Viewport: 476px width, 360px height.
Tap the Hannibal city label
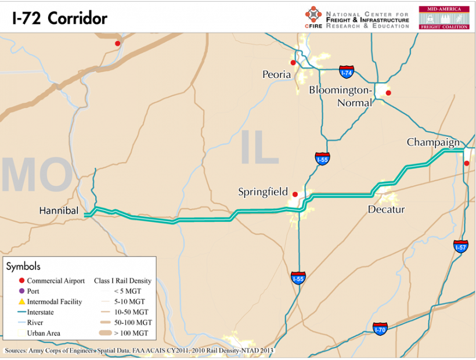[x=59, y=210]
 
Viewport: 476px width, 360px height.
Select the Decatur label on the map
[x=386, y=210]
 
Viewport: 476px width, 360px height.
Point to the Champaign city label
[x=433, y=142]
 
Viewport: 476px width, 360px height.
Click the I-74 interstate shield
[x=347, y=72]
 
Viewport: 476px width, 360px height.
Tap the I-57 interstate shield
[x=460, y=246]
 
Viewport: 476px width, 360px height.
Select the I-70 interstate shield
[x=380, y=329]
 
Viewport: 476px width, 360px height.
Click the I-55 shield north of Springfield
[x=323, y=159]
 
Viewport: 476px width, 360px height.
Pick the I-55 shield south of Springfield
[x=298, y=278]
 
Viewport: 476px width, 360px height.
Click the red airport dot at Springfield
[x=295, y=195]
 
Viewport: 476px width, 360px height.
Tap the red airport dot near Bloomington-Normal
[x=388, y=93]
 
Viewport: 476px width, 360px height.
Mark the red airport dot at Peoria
[x=293, y=63]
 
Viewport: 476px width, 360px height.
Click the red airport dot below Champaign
[x=467, y=163]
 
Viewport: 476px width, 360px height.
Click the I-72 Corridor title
[x=59, y=18]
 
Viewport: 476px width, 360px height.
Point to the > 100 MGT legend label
[x=131, y=333]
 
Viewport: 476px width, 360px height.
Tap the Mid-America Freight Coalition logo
[x=445, y=17]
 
